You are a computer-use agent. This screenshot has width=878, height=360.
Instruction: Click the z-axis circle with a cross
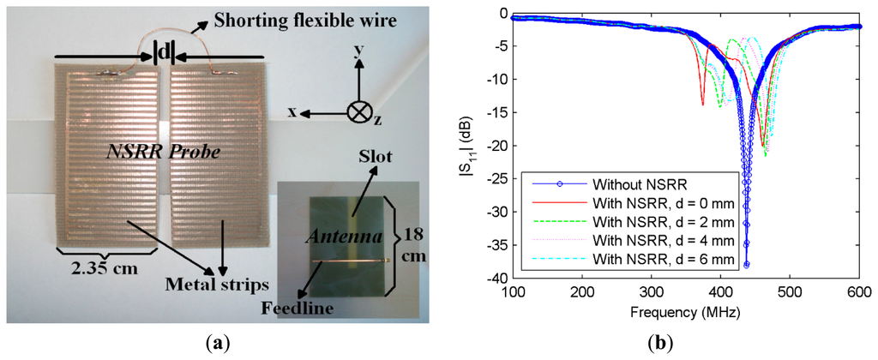click(359, 112)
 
